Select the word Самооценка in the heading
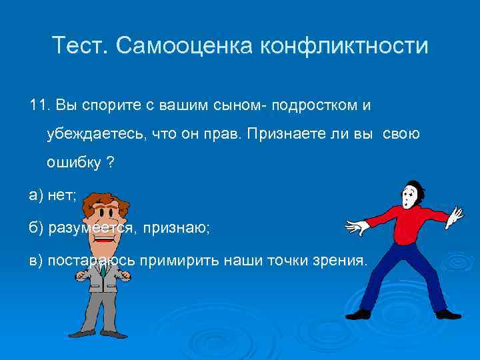[183, 46]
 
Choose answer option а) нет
[53, 195]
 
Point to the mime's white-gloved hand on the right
[455, 215]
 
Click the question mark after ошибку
[110, 163]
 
